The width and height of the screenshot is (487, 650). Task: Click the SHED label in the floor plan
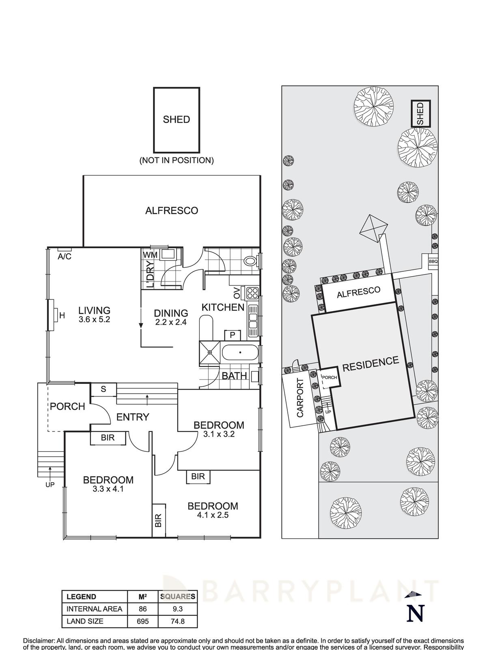176,119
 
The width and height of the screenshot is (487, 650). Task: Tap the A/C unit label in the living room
65,256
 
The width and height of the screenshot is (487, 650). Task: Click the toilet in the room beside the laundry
252,261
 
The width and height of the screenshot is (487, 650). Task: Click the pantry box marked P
233,335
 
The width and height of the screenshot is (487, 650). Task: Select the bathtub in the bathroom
240,352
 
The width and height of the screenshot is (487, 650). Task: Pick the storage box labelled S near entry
103,389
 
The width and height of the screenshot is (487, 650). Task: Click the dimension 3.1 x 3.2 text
219,434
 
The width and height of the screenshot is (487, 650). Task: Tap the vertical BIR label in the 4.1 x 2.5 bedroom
158,520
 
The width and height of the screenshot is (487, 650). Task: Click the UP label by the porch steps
50,484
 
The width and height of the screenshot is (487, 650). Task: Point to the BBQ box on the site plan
433,262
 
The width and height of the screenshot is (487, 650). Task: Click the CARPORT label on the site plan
300,398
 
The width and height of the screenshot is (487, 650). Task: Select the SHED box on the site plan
420,114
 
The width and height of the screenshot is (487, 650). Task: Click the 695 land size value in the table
142,621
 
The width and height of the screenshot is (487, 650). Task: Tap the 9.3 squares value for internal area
178,609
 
